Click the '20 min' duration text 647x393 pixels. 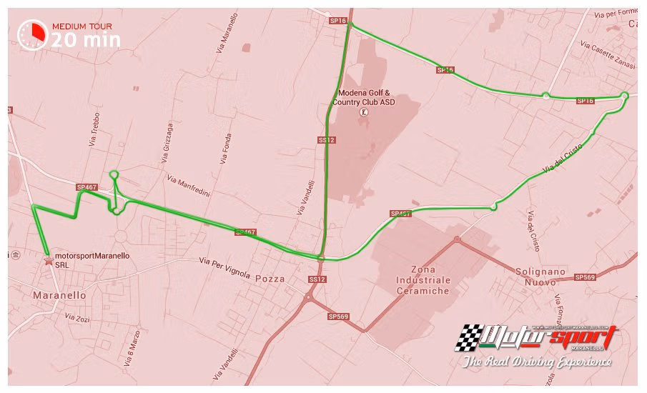pos(86,39)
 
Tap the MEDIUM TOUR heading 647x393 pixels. pos(82,26)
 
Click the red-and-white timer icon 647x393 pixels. pos(33,34)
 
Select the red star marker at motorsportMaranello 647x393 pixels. pos(49,261)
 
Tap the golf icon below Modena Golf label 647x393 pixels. pos(365,112)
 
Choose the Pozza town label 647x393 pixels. pos(269,279)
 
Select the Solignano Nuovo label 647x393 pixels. pos(540,277)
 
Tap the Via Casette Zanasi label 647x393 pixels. pos(607,54)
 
